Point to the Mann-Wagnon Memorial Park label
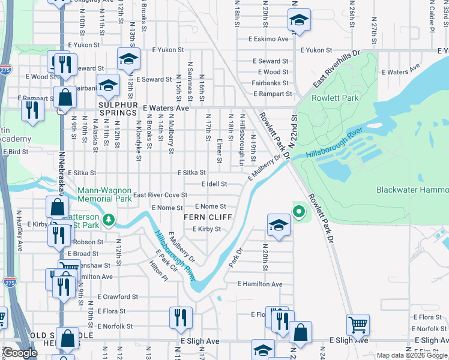pyautogui.click(x=104, y=194)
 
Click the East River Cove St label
pyautogui.click(x=160, y=195)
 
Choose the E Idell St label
pyautogui.click(x=214, y=184)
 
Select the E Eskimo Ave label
pyautogui.click(x=270, y=39)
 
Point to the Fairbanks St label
pyautogui.click(x=270, y=83)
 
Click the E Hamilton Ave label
pyautogui.click(x=259, y=284)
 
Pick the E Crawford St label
pyautogui.click(x=118, y=296)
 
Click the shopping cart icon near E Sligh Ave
pyautogui.click(x=358, y=324)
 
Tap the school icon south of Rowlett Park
pyautogui.click(x=279, y=226)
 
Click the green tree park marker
pyautogui.click(x=109, y=219)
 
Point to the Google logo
pyautogui.click(x=20, y=353)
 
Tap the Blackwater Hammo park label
pyautogui.click(x=412, y=190)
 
